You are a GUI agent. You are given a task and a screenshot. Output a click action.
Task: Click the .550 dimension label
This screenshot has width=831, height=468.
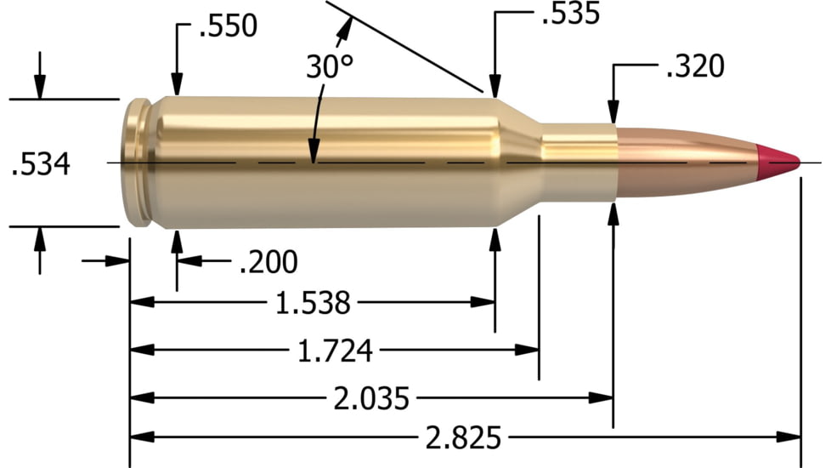(227, 26)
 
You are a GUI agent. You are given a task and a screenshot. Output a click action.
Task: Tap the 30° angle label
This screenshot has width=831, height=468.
(329, 68)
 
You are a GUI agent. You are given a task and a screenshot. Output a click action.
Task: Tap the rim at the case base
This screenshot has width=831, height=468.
(136, 163)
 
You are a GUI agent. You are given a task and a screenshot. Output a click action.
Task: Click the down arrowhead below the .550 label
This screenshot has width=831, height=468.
(177, 86)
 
